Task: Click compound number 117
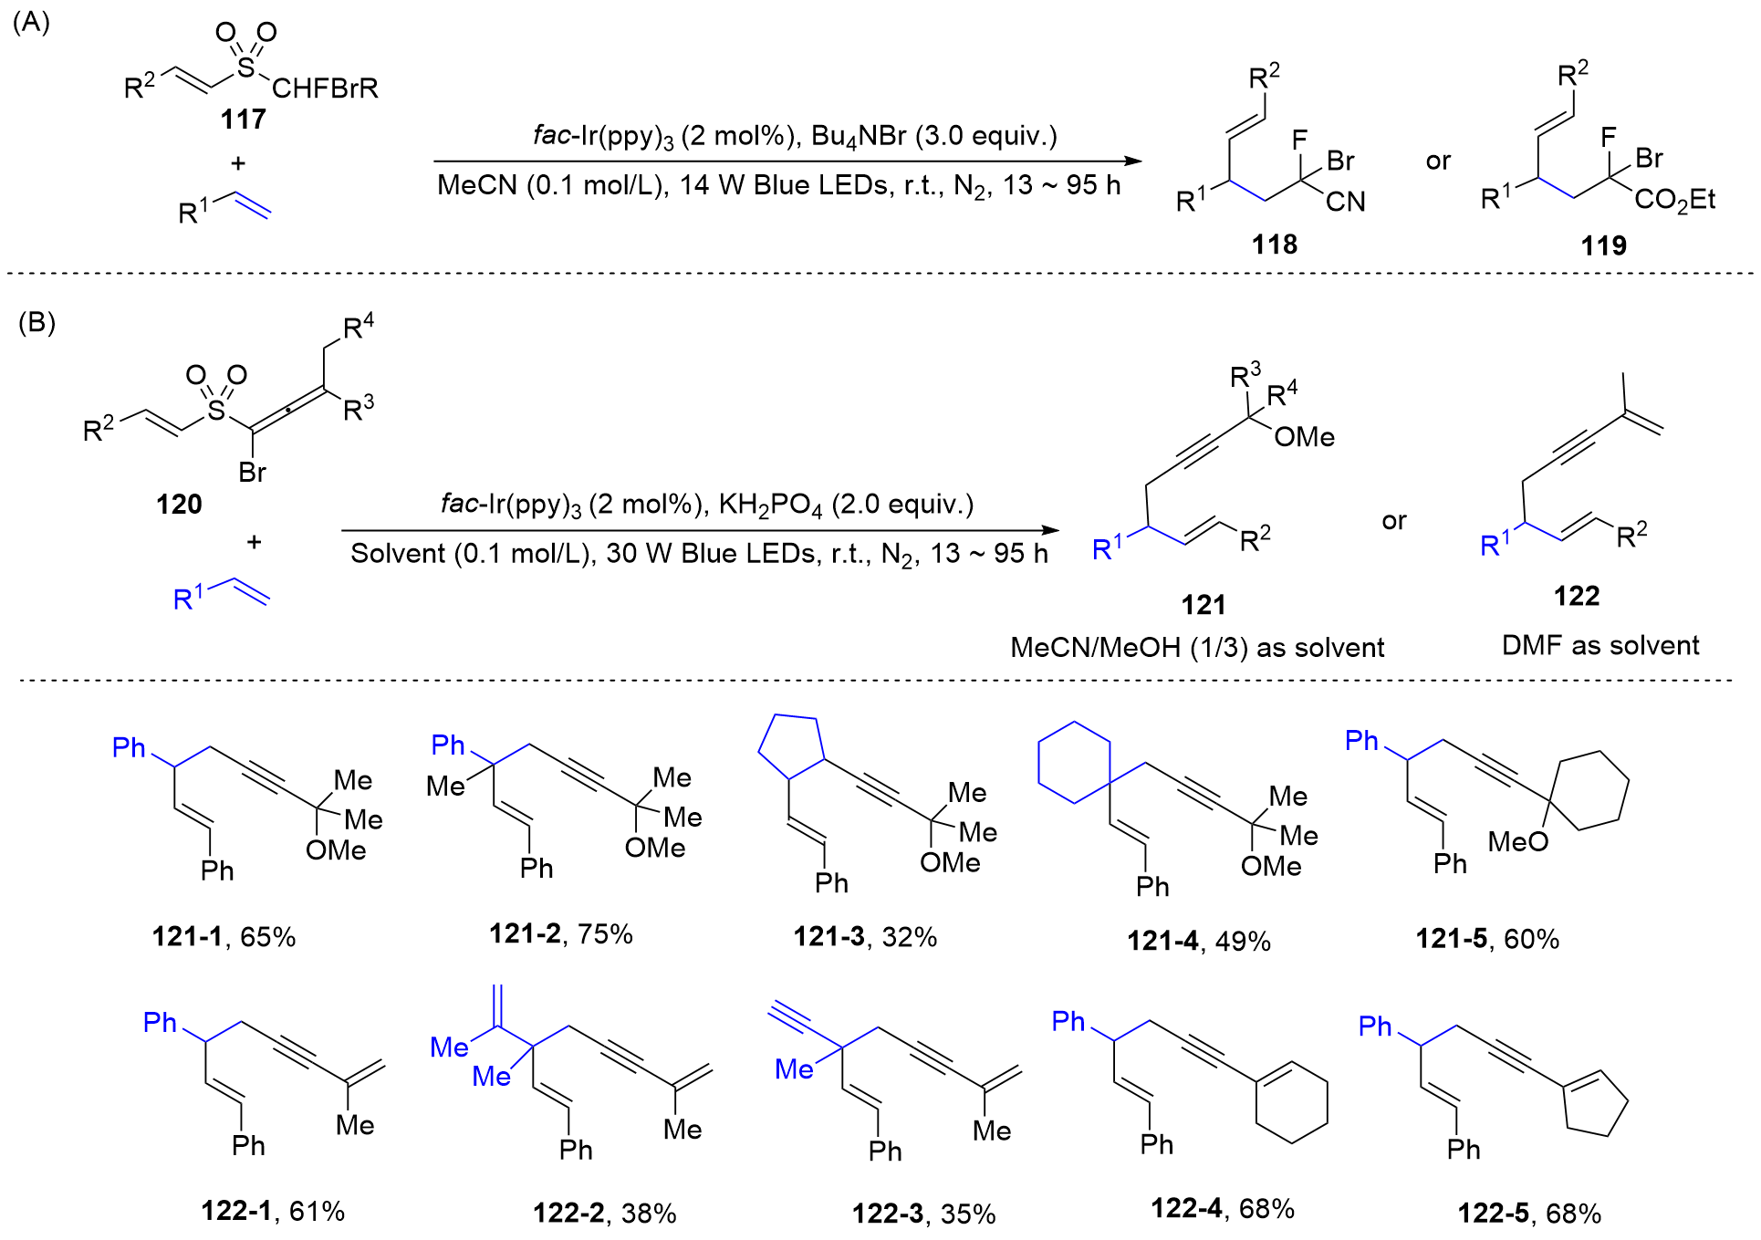[x=243, y=119]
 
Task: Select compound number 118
[x=1274, y=244]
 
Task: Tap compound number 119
[x=1603, y=245]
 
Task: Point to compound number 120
[x=179, y=504]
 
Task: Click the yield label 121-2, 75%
[x=560, y=933]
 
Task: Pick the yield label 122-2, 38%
[x=604, y=1213]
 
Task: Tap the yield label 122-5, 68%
[x=1529, y=1213]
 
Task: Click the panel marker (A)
[x=31, y=22]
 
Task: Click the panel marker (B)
[x=36, y=322]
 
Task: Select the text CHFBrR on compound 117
[x=325, y=89]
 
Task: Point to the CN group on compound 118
[x=1345, y=202]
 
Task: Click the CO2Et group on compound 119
[x=1674, y=200]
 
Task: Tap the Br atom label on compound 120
[x=252, y=472]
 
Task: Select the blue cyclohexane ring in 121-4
[x=1074, y=763]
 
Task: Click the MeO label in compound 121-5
[x=1517, y=841]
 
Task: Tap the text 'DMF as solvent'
[x=1599, y=645]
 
